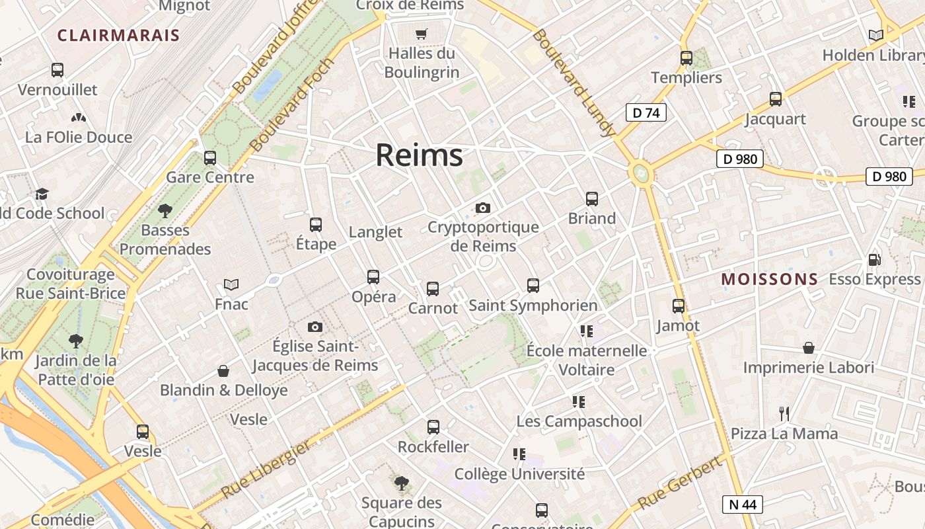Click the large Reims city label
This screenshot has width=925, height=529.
tap(419, 155)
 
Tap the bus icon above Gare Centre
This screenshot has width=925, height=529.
tap(210, 158)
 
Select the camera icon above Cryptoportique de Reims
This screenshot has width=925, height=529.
tap(483, 208)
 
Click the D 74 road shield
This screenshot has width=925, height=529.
tap(646, 112)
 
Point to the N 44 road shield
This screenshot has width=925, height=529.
tap(742, 505)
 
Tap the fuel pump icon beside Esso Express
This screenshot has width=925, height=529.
tap(874, 260)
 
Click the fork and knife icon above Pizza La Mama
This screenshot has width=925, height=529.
tap(784, 414)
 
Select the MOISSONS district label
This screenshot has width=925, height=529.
tap(769, 279)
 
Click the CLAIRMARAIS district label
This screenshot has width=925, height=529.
tap(118, 35)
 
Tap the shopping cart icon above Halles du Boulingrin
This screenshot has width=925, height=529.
tap(421, 34)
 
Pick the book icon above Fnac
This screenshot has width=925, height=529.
tap(231, 284)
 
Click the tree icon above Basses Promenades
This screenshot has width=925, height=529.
tap(165, 211)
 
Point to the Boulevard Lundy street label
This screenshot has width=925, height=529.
tap(573, 83)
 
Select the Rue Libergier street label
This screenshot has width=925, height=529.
tap(266, 469)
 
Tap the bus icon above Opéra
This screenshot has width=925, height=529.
tap(373, 276)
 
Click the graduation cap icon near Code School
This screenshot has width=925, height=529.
tap(42, 194)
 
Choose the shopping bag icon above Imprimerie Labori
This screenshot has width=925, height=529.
tap(808, 348)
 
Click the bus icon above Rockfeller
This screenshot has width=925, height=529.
tap(433, 427)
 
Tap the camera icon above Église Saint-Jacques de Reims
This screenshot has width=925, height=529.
tap(315, 327)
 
